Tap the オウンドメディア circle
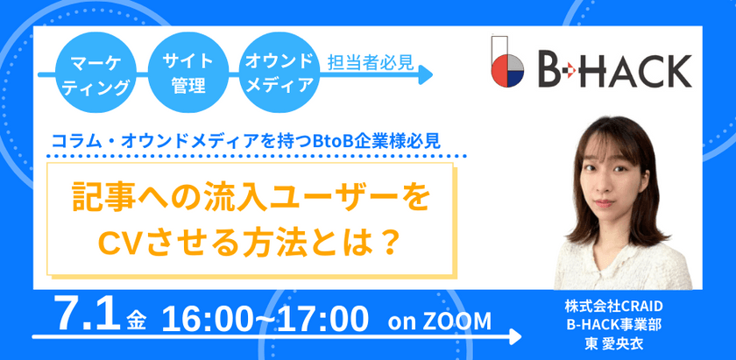click(x=279, y=74)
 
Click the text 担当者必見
click(x=370, y=63)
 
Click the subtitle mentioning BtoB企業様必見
click(x=258, y=138)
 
